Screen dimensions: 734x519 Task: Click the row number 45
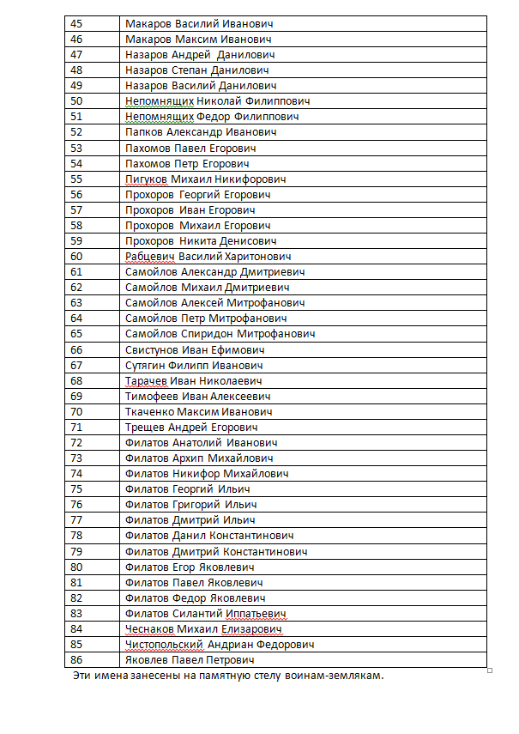[77, 24]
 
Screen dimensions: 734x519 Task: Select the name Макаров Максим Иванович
[198, 39]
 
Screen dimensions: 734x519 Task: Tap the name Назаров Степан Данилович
[197, 70]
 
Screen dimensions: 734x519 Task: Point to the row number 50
[77, 101]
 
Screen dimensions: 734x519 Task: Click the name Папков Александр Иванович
[201, 132]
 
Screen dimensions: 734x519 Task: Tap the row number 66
[77, 349]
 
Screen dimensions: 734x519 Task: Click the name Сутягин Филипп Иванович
[193, 365]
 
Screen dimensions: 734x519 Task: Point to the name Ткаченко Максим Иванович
[198, 412]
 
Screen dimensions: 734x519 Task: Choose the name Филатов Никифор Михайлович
[207, 474]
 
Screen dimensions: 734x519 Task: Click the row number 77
[77, 520]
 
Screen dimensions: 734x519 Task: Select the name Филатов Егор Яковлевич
[190, 567]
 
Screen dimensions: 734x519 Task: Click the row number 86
[77, 660]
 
